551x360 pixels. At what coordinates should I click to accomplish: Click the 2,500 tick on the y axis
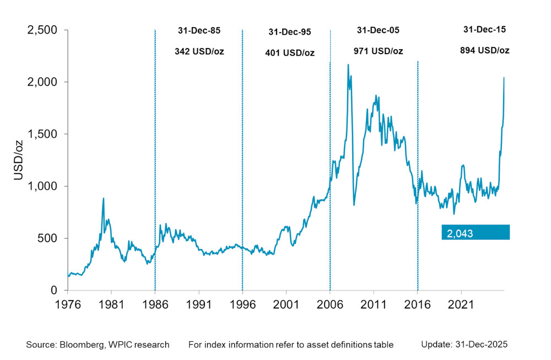pos(42,30)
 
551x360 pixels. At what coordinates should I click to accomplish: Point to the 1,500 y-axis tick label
pos(42,134)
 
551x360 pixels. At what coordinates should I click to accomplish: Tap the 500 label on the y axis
pos(49,238)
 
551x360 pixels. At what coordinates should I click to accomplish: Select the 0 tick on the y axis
pos(56,291)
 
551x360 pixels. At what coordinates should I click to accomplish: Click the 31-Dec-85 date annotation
pos(199,31)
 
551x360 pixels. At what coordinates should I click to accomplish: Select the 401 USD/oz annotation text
pos(289,53)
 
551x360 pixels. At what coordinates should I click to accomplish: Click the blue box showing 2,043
pos(476,233)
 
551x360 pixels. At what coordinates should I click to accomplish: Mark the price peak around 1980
pos(103,198)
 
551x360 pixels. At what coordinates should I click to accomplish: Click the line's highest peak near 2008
pos(348,65)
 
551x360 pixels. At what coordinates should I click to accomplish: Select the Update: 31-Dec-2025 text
pos(464,345)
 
